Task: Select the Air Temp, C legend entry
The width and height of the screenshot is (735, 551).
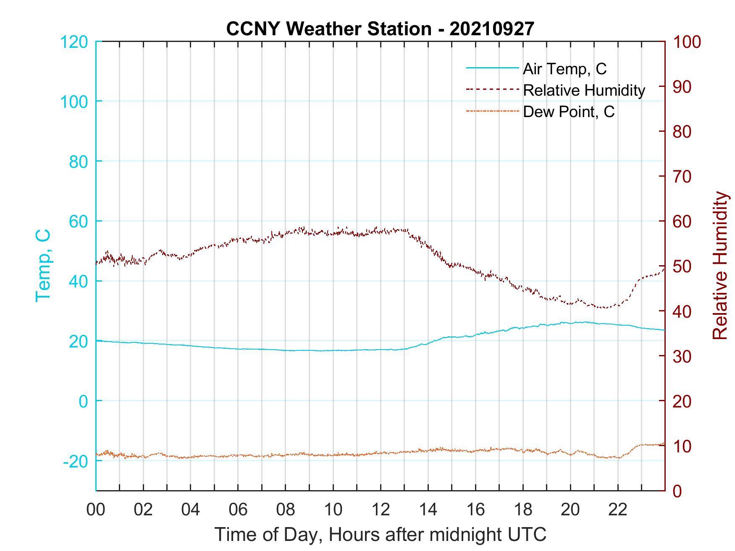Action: (x=564, y=69)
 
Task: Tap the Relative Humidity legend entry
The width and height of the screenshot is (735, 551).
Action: (x=584, y=90)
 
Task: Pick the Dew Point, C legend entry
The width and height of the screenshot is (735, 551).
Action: (x=569, y=112)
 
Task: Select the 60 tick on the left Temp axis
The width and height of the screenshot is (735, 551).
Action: (x=78, y=222)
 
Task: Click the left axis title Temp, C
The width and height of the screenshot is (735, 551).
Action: (x=43, y=265)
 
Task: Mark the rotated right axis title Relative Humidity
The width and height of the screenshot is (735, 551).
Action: (x=720, y=266)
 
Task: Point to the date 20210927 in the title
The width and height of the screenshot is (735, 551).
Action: (x=492, y=29)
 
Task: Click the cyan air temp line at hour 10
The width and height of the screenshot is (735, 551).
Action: (x=333, y=350)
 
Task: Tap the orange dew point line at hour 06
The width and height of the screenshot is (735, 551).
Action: (x=238, y=455)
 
